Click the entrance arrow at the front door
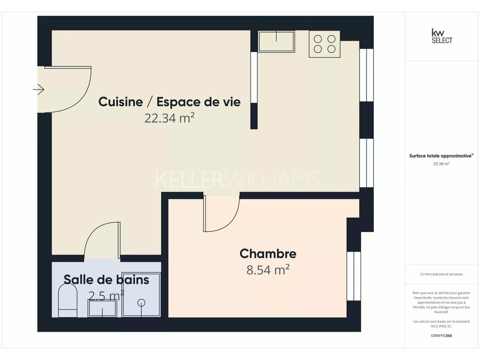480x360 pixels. click(x=38, y=90)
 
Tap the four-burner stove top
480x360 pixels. click(x=324, y=44)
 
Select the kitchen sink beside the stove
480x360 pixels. click(x=277, y=41)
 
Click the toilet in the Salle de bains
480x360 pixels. click(x=67, y=300)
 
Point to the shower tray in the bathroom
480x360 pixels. click(x=141, y=294)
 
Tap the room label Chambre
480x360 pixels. click(x=268, y=254)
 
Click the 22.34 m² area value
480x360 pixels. click(x=170, y=118)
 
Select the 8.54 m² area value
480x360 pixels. click(x=268, y=270)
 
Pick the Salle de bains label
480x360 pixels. click(x=106, y=279)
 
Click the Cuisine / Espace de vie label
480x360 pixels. click(x=169, y=102)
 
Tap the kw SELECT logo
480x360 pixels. click(x=442, y=36)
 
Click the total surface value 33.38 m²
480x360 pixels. click(x=441, y=164)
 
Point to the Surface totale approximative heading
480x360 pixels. click(x=441, y=156)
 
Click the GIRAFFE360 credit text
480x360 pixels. click(x=441, y=336)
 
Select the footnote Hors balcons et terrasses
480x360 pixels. click(x=441, y=274)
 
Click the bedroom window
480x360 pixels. click(x=353, y=277)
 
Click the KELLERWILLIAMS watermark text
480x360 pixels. click(x=239, y=180)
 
